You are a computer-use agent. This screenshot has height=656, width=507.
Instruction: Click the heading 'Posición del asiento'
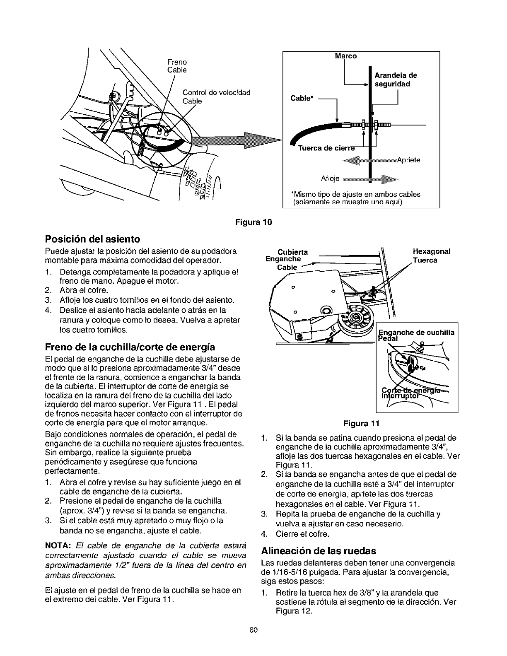(92, 239)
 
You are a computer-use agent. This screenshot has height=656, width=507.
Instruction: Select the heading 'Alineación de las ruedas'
(319, 551)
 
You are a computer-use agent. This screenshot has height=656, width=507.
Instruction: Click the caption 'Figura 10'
(253, 222)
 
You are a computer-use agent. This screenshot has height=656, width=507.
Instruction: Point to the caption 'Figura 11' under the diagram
(361, 424)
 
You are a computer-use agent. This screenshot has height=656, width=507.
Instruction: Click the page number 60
(254, 642)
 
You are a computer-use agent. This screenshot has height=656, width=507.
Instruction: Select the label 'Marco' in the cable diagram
(345, 56)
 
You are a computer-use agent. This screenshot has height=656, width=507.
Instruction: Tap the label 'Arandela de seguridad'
(395, 80)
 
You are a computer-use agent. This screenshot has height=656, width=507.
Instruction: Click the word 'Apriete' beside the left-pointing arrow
(408, 160)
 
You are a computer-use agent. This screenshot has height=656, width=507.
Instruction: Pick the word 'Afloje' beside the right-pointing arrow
(330, 179)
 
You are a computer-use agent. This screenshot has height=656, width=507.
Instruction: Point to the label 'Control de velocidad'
(216, 92)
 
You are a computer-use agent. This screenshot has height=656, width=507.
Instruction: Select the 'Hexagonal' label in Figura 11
(432, 251)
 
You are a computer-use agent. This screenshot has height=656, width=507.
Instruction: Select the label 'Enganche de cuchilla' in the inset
(417, 333)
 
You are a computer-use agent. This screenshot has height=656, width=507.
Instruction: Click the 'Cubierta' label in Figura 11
(292, 252)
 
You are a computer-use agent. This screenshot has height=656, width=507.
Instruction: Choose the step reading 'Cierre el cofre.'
(302, 534)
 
